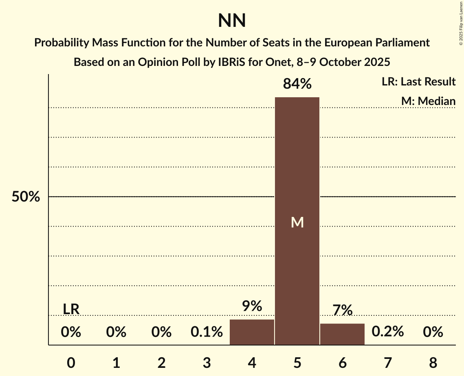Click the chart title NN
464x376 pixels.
[x=232, y=21]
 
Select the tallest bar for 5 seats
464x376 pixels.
[x=297, y=163]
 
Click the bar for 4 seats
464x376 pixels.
[x=252, y=332]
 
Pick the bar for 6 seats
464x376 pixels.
[x=342, y=334]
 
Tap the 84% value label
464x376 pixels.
[x=297, y=84]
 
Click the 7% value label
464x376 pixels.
[x=342, y=310]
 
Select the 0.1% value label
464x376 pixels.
[x=207, y=332]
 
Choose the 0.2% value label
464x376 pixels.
[x=387, y=332]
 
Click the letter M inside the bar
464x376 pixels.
[x=297, y=222]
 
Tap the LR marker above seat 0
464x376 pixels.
[x=71, y=309]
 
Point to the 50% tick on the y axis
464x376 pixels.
[x=26, y=197]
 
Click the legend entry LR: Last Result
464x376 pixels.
[x=418, y=82]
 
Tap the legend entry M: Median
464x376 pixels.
[x=428, y=101]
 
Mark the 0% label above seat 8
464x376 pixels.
[x=433, y=332]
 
